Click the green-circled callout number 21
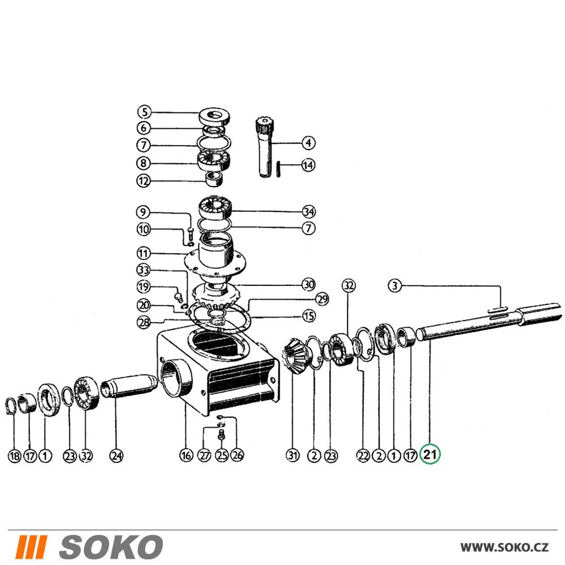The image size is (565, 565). pyautogui.click(x=430, y=454)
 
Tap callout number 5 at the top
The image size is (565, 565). pyautogui.click(x=145, y=112)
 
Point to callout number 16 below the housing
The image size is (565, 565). pyautogui.click(x=186, y=455)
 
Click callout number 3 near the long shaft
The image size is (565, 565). pyautogui.click(x=394, y=286)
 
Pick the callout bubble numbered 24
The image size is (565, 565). pyautogui.click(x=116, y=456)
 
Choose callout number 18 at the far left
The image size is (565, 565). pyautogui.click(x=15, y=456)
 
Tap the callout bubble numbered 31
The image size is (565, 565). pyautogui.click(x=293, y=455)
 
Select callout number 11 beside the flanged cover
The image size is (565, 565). pyautogui.click(x=144, y=253)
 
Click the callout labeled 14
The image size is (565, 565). pyautogui.click(x=308, y=165)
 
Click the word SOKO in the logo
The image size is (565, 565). pyautogui.click(x=111, y=546)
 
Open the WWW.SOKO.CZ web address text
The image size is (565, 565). pyautogui.click(x=505, y=547)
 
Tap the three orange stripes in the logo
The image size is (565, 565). pyautogui.click(x=31, y=546)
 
